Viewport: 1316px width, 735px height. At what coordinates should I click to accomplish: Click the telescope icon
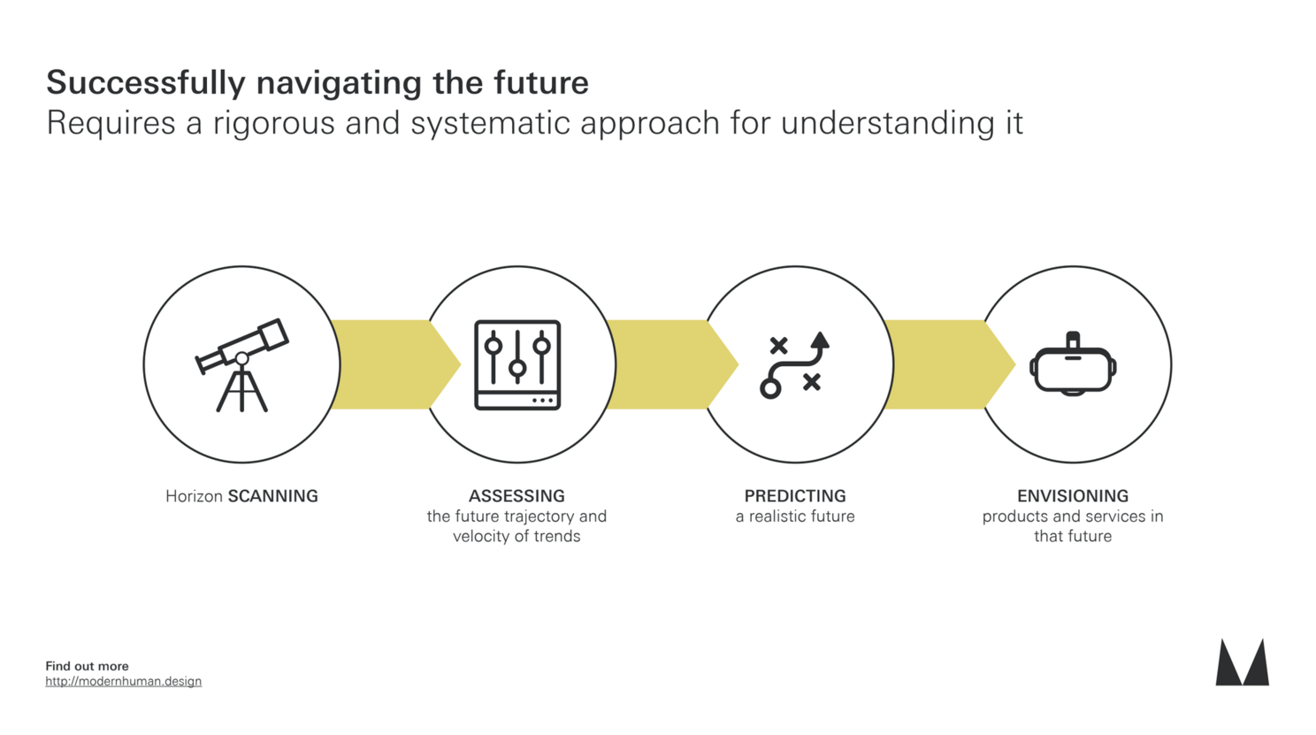(x=241, y=364)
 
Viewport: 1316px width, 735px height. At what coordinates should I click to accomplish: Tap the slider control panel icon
(x=517, y=365)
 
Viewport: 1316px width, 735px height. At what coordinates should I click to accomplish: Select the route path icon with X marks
(x=795, y=365)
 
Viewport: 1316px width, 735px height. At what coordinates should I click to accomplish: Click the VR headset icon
(x=1073, y=364)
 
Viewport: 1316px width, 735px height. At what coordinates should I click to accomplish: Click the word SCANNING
(x=272, y=496)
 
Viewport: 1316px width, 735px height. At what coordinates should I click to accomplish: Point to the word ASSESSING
(x=516, y=496)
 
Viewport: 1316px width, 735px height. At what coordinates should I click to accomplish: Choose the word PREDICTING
(x=795, y=496)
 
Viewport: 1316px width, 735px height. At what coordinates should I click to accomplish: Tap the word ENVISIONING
(x=1073, y=496)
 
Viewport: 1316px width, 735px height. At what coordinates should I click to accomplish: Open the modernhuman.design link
(x=124, y=682)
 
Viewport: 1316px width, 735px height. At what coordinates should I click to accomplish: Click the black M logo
(x=1242, y=662)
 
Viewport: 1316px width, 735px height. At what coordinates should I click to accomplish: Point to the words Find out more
(x=87, y=666)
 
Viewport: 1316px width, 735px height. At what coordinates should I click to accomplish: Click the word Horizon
(x=194, y=496)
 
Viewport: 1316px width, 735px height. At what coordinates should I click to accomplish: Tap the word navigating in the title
(x=339, y=83)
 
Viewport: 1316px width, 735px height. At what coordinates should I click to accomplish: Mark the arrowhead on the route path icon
(x=820, y=341)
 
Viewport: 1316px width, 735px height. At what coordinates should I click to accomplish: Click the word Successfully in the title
(x=146, y=83)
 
